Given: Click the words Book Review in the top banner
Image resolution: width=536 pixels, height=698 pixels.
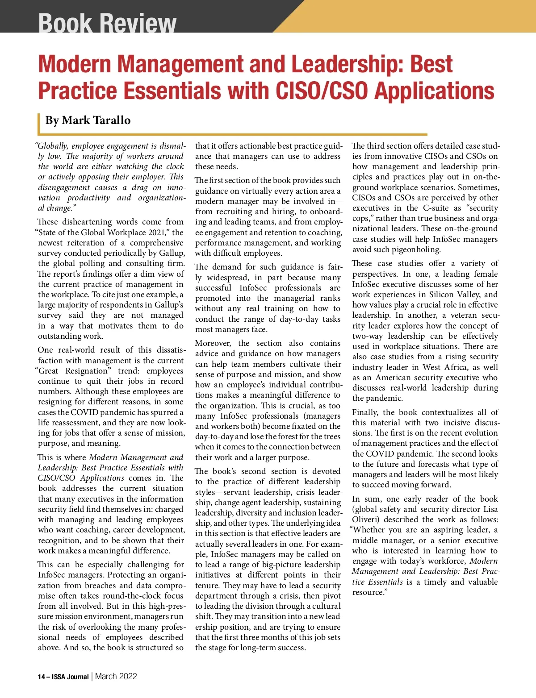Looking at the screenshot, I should [107, 22].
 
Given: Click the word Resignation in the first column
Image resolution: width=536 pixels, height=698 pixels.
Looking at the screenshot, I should [87, 371].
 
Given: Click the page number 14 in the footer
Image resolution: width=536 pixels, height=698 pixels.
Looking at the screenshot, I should [42, 677].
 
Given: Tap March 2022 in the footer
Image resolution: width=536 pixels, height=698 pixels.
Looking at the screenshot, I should [116, 677].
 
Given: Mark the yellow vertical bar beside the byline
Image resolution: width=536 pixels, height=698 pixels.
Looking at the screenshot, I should [39, 123].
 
